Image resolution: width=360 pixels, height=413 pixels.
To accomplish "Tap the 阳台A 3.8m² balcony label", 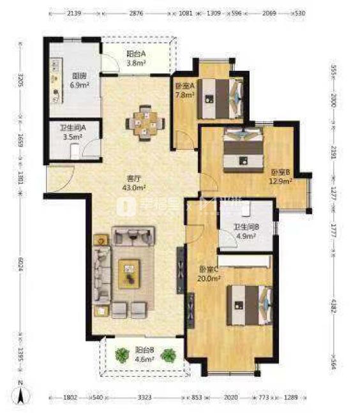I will tap(135, 59).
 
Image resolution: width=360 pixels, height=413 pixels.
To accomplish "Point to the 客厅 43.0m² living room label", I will tap(135, 183).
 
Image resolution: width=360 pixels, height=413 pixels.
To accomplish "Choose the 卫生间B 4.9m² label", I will tap(244, 230).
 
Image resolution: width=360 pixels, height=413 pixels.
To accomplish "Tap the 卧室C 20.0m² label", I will tap(208, 274).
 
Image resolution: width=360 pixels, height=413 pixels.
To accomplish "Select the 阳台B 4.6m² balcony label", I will tap(144, 354).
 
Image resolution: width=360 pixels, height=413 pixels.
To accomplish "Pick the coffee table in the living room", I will tap(130, 274).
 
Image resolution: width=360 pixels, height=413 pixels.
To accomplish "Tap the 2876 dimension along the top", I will tap(136, 12).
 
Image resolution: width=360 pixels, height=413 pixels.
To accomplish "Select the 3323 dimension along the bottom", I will tap(144, 397).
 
